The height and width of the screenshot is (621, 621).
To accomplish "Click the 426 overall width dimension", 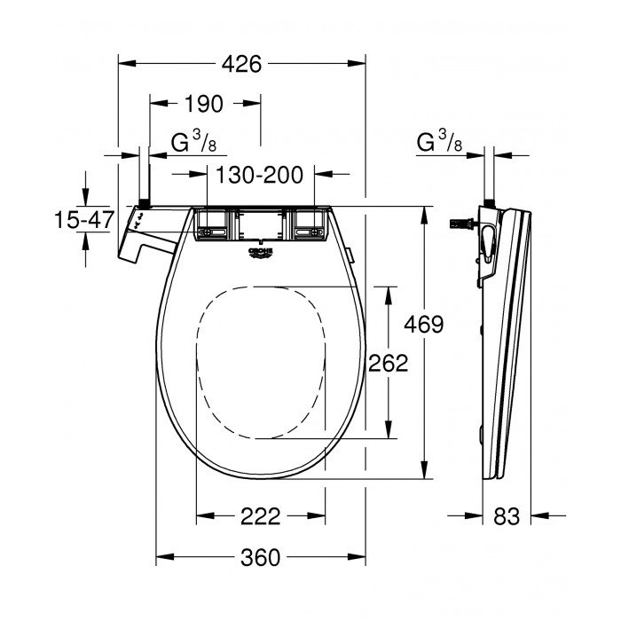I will [x=240, y=63].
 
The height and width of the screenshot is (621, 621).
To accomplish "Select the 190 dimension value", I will [x=203, y=104].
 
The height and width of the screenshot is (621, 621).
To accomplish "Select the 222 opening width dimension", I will [x=260, y=516].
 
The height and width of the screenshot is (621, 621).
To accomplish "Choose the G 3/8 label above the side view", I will [x=437, y=142].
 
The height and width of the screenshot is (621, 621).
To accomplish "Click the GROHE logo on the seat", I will [x=260, y=255].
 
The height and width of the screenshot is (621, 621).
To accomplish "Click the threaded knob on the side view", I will [x=462, y=224].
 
